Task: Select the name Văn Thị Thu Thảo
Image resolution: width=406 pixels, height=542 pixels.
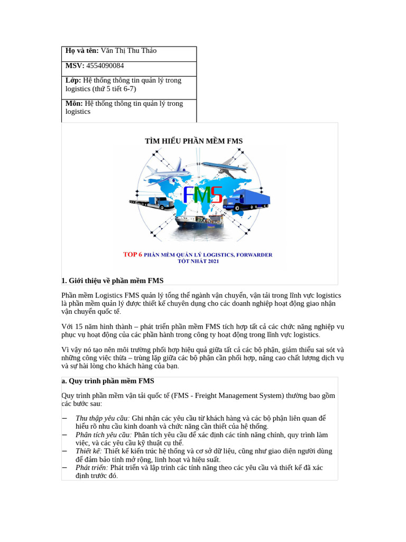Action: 128,51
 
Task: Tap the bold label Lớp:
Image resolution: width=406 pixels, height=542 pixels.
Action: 73,80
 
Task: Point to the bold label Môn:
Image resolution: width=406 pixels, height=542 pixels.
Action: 74,103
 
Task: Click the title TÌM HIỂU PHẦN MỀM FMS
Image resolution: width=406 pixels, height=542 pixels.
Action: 193,141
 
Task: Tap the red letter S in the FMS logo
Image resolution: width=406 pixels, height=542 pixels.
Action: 215,195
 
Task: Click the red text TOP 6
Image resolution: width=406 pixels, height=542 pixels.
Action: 133,255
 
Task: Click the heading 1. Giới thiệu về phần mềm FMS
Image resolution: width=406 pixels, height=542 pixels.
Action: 113,281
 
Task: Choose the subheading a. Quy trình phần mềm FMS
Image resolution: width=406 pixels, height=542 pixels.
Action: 107,381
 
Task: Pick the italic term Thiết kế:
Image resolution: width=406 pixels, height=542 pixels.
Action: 88,451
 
